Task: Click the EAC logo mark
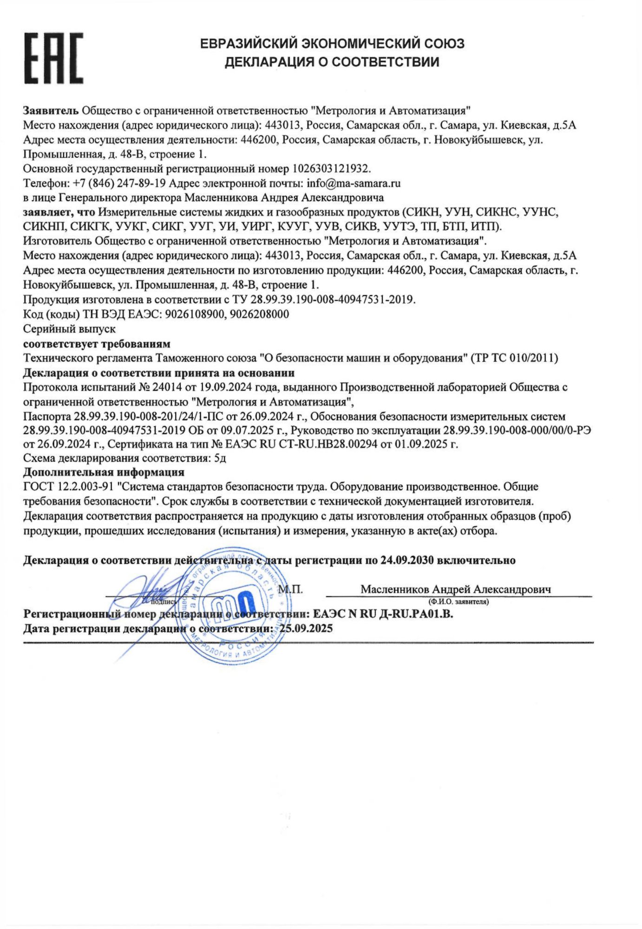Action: pyautogui.click(x=54, y=59)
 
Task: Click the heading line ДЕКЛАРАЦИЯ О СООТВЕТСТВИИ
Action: pyautogui.click(x=332, y=62)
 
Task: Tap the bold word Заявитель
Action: pyautogui.click(x=51, y=111)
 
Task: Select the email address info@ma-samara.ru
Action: pyautogui.click(x=354, y=183)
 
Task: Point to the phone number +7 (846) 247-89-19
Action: pyautogui.click(x=120, y=183)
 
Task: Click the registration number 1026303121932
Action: pyautogui.click(x=331, y=168)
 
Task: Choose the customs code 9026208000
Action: pyautogui.click(x=259, y=314)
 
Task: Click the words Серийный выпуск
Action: pyautogui.click(x=70, y=329)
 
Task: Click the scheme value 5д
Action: pyautogui.click(x=220, y=458)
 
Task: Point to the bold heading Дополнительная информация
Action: pyautogui.click(x=104, y=472)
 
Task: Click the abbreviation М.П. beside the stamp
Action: pyautogui.click(x=290, y=589)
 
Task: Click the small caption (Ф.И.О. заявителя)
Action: pyautogui.click(x=458, y=602)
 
